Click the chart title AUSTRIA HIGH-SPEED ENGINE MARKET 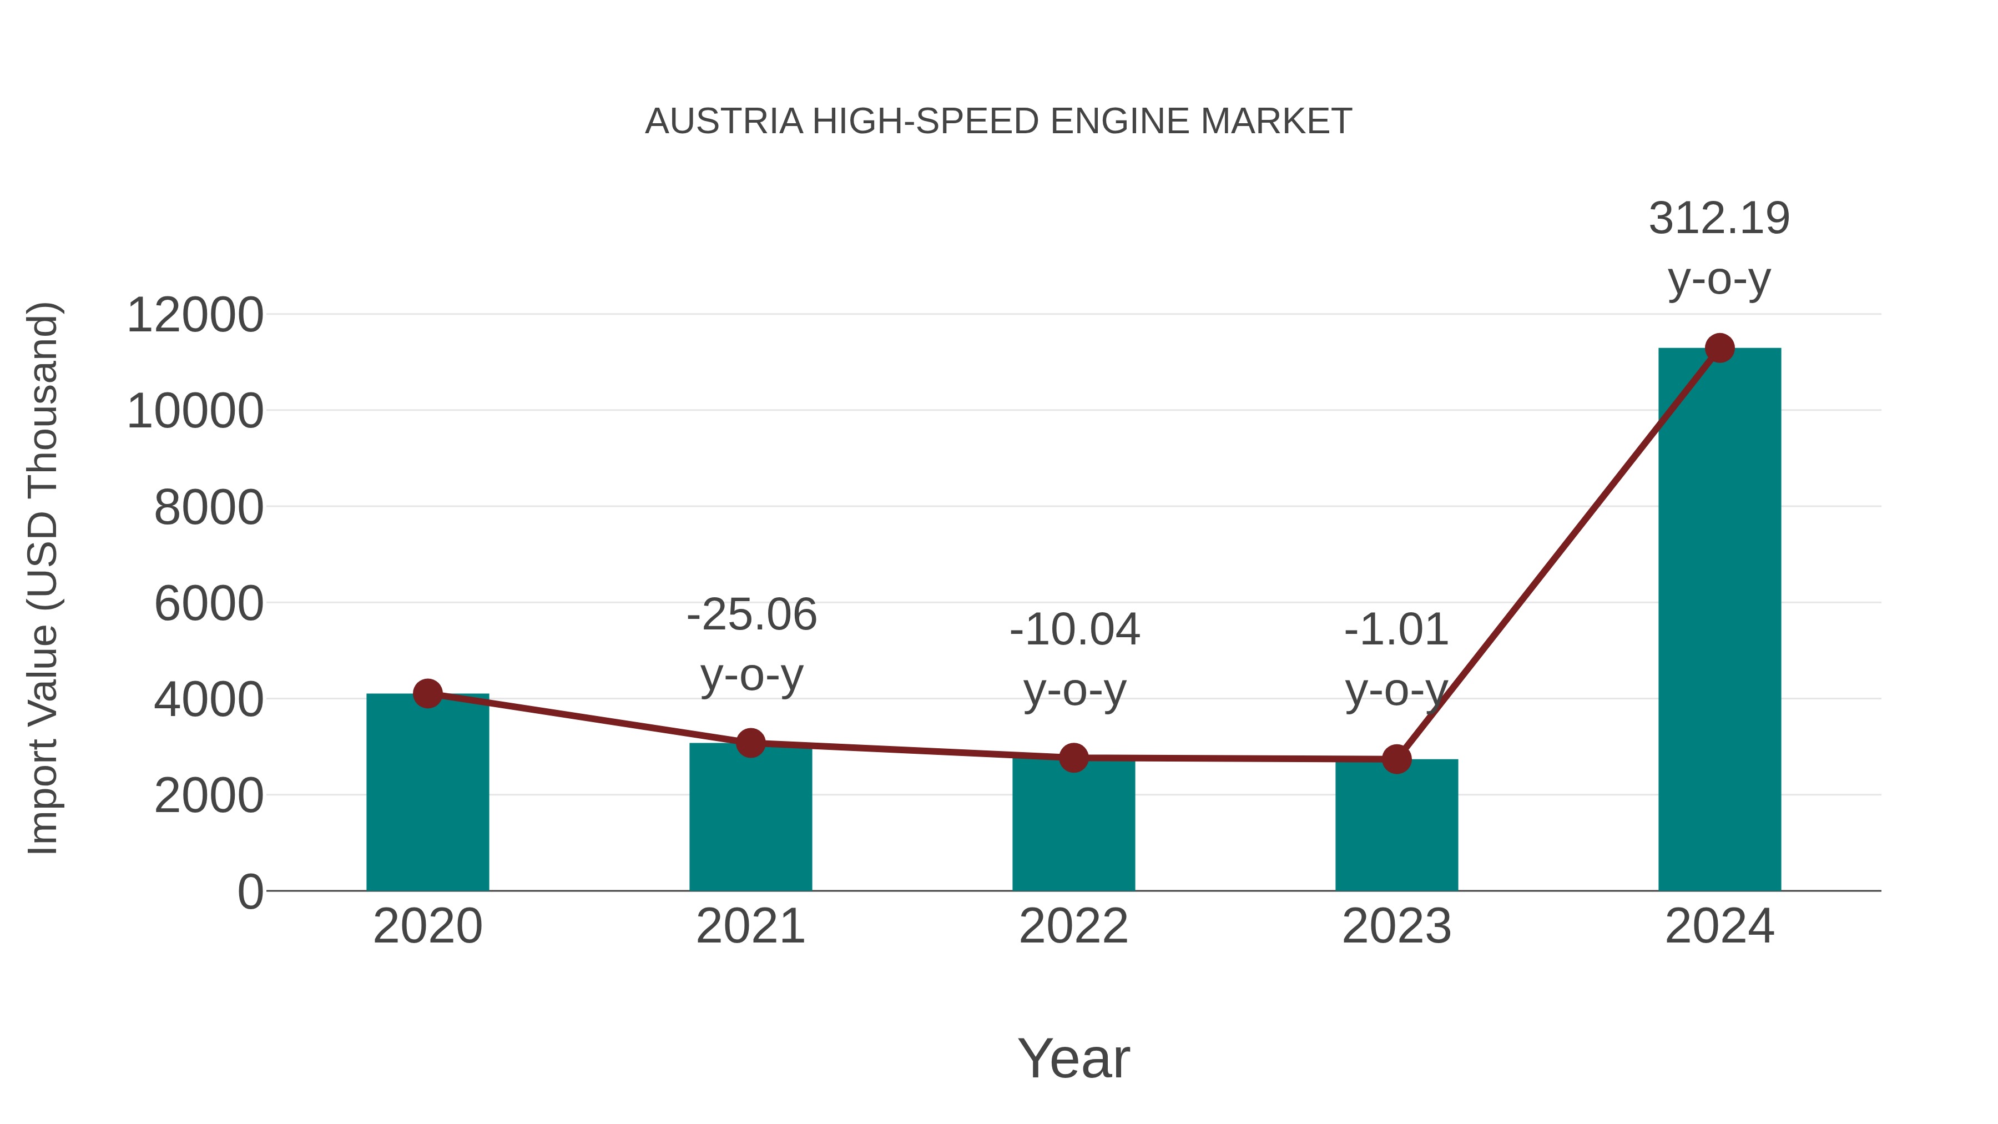tap(998, 122)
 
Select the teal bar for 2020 tap(427, 799)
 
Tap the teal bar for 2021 tap(750, 822)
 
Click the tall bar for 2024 tap(1719, 621)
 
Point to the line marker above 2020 tap(427, 693)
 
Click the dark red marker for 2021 tap(750, 743)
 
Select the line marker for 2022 tap(1073, 757)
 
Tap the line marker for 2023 tap(1396, 759)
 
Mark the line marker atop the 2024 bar tap(1719, 348)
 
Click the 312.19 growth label tap(1719, 219)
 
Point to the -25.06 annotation tap(751, 615)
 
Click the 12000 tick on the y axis tap(195, 316)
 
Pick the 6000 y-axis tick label tap(209, 604)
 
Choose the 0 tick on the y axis tap(250, 892)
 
